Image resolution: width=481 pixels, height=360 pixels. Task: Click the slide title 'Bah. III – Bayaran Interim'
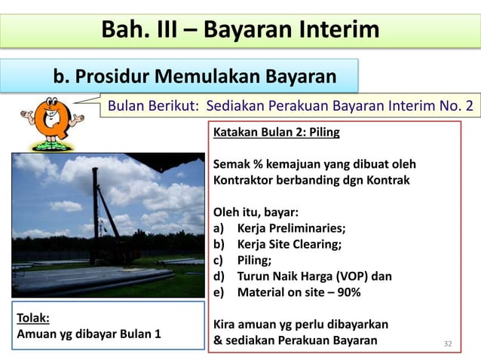coord(240,31)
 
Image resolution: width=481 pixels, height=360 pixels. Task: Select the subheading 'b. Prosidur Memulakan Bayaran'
coord(195,77)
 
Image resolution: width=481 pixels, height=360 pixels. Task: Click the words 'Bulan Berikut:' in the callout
coord(154,105)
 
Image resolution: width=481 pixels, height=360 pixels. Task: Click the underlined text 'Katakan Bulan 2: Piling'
coord(277,133)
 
